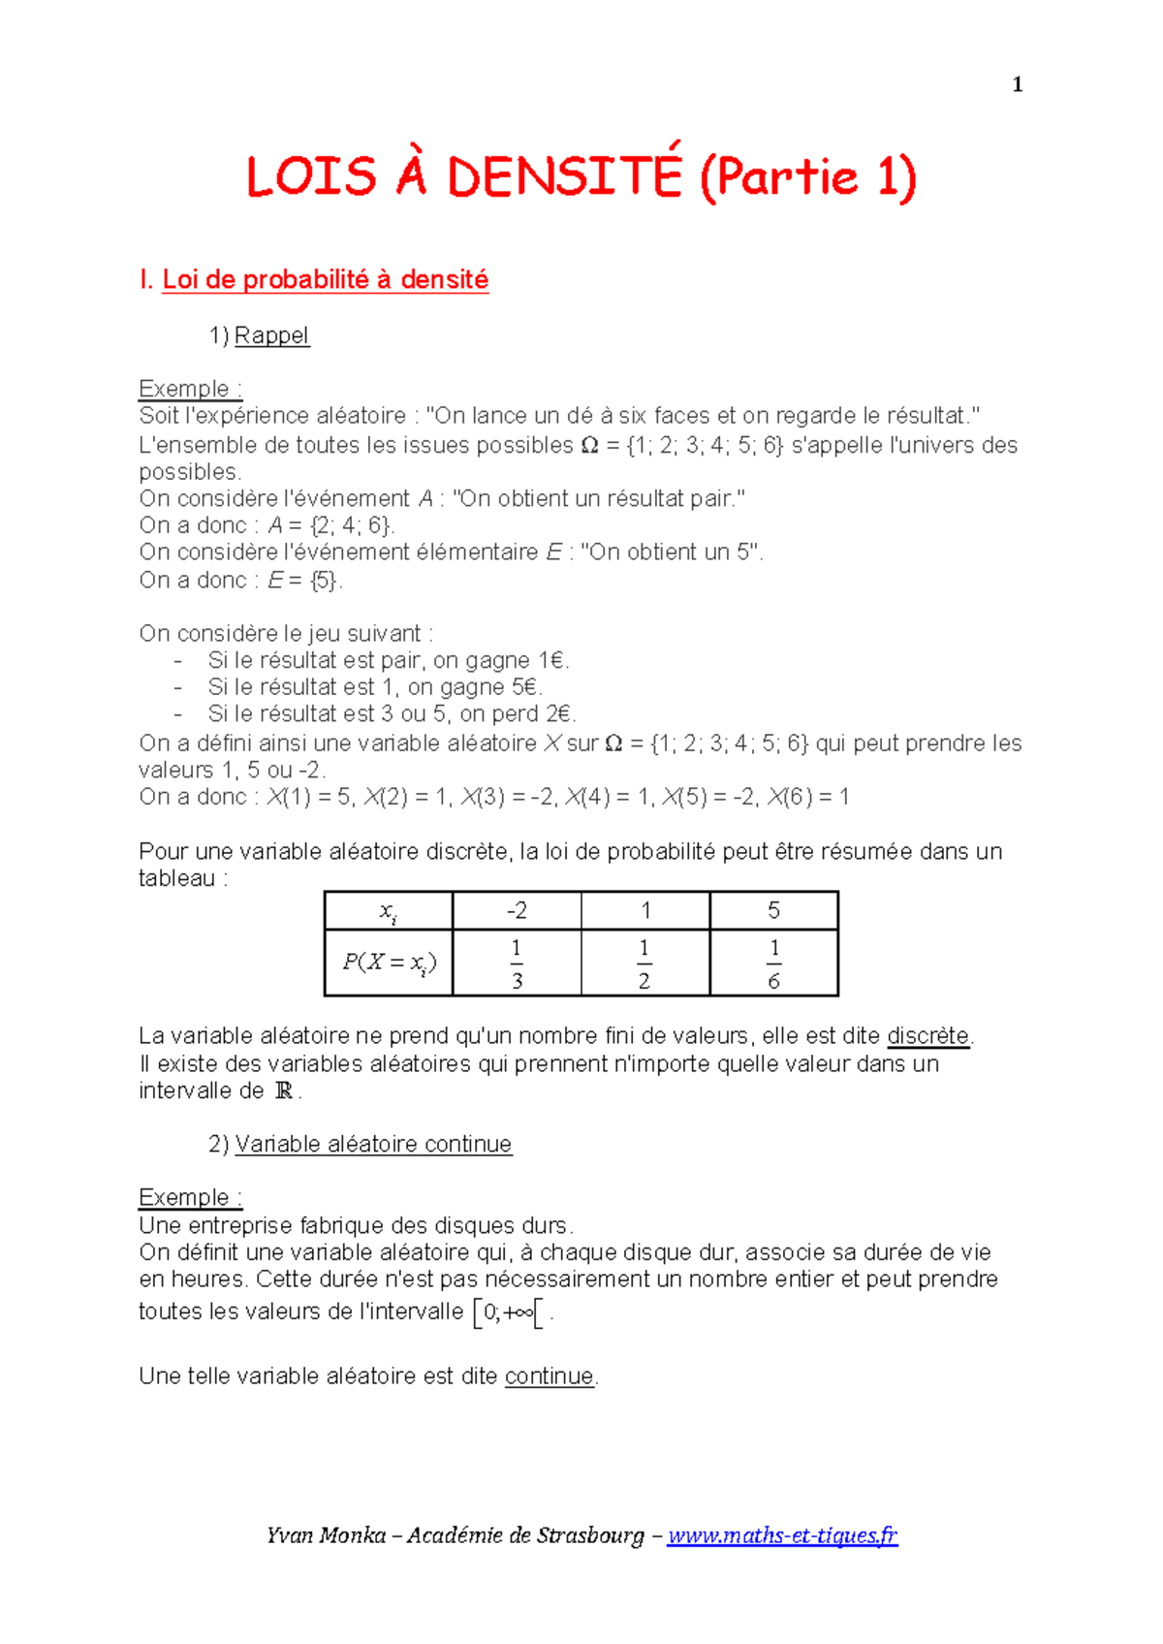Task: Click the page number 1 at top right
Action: tap(1017, 85)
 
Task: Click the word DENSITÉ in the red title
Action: tap(564, 177)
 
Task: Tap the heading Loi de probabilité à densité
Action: tap(325, 280)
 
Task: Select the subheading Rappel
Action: tap(271, 335)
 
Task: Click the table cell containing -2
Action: tap(517, 910)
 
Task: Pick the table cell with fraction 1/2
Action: tap(644, 964)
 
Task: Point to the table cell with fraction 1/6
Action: tap(773, 964)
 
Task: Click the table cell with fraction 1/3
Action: tap(517, 964)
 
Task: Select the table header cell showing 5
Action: tap(773, 910)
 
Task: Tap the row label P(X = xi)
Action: tap(389, 963)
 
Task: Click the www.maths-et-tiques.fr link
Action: tap(782, 1535)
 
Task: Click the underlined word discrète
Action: tap(928, 1036)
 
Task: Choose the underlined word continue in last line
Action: tap(549, 1376)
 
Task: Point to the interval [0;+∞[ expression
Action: tap(507, 1313)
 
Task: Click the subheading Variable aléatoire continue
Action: tap(373, 1144)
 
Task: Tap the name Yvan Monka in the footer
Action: tap(326, 1535)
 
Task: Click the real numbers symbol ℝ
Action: tap(284, 1091)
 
